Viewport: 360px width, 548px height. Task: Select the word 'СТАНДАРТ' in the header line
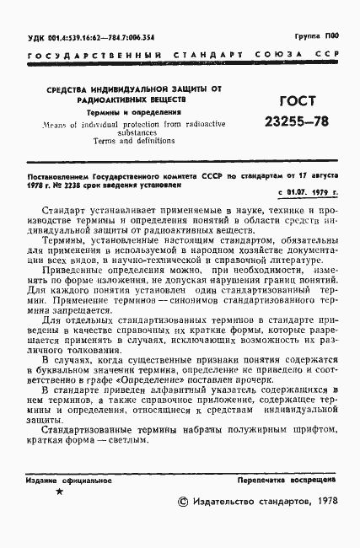207,58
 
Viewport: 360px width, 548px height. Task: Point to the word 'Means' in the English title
53,123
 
